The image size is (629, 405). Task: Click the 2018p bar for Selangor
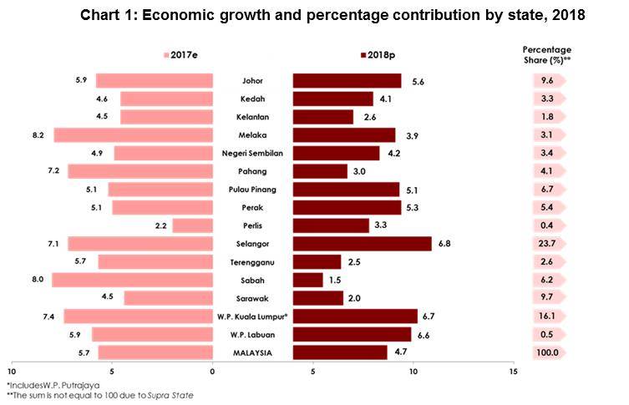pyautogui.click(x=362, y=243)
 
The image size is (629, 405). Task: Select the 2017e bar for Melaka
pyautogui.click(x=133, y=135)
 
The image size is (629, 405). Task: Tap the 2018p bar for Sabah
pyautogui.click(x=307, y=280)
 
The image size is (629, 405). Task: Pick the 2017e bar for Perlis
pyautogui.click(x=192, y=225)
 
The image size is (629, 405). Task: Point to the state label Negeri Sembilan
pyautogui.click(x=252, y=154)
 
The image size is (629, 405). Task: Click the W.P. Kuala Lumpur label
pyautogui.click(x=252, y=316)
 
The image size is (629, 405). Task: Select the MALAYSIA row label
pyautogui.click(x=252, y=352)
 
